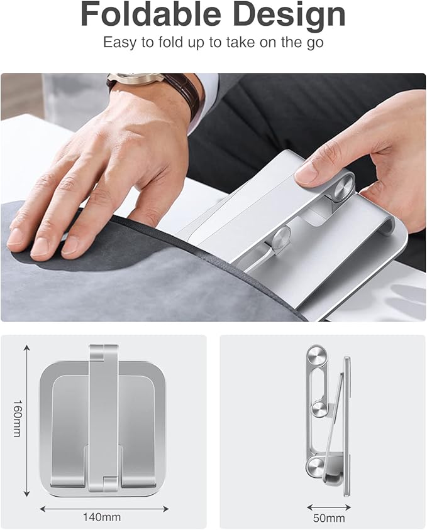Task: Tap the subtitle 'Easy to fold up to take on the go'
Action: point(213,43)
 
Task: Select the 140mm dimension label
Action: point(102,517)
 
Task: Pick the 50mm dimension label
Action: point(330,517)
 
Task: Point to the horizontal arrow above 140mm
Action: point(104,508)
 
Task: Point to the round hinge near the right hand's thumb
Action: point(343,192)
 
